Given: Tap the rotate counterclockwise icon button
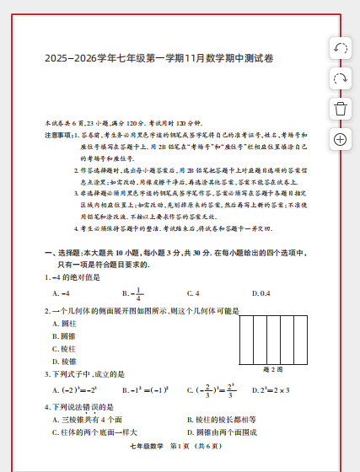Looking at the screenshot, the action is tap(341, 48).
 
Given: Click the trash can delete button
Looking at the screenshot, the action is tap(341, 109).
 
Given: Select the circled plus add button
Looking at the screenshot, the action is tap(341, 139).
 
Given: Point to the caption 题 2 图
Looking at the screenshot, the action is tap(273, 369).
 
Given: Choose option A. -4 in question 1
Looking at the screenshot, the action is tap(61, 293).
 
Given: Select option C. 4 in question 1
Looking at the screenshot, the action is tap(193, 293).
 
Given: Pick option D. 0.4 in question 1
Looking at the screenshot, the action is tap(261, 293).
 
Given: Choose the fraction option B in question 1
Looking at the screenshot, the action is tap(132, 293).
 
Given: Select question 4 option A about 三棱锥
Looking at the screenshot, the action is tap(88, 420).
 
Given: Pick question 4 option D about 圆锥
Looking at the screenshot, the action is tap(221, 432).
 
